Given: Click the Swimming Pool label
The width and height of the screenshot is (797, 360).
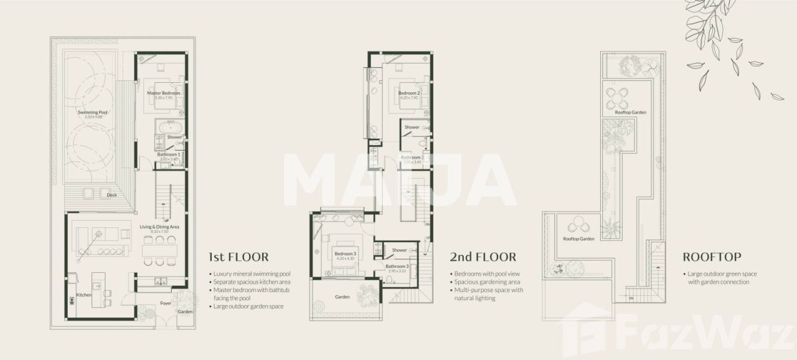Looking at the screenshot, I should tap(93, 113).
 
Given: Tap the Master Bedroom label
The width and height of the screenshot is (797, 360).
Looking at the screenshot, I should tap(163, 93).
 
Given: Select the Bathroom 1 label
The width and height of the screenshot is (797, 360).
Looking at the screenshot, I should tap(169, 154).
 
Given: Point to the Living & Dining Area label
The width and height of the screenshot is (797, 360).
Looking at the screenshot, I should tap(159, 227).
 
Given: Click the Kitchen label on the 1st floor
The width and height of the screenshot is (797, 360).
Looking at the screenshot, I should tap(84, 295).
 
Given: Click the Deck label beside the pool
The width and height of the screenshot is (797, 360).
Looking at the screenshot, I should tap(112, 195).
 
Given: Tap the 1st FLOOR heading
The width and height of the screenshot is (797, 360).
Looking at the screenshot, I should tap(239, 257).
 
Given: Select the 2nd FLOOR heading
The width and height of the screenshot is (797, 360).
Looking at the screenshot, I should tap(483, 257).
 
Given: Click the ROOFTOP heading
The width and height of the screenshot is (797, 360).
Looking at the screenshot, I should tap(712, 257).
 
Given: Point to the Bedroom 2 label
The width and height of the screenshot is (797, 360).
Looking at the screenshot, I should tap(409, 93).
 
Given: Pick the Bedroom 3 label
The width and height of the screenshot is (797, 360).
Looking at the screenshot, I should tap(345, 253).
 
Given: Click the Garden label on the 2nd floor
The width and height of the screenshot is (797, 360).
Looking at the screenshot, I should tap(341, 297).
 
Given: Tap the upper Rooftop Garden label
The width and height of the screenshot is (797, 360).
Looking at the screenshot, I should tap(630, 112).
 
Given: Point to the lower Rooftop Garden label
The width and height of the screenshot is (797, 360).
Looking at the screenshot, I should tap(578, 239).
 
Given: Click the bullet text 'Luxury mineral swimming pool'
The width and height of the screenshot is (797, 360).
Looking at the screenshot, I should tap(252, 274).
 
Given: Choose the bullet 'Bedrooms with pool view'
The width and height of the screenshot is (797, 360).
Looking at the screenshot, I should tap(488, 274).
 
